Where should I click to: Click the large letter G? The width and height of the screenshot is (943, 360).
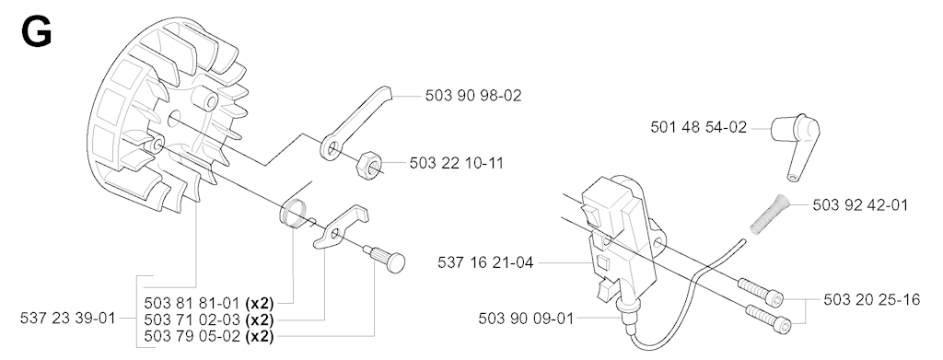36,31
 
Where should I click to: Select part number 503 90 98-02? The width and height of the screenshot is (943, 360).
473,96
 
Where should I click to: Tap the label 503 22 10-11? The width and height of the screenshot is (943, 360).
457,163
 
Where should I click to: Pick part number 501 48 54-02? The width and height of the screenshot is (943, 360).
698,127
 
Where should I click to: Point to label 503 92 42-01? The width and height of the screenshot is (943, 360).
860,205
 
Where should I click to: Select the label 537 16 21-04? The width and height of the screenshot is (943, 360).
484,262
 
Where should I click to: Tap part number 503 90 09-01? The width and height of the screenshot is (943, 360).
526,318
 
